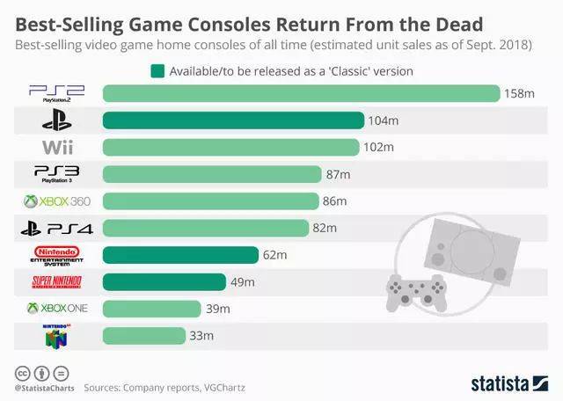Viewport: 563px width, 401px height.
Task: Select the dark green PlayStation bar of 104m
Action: (x=233, y=120)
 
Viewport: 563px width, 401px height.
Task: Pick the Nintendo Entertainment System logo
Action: (x=56, y=255)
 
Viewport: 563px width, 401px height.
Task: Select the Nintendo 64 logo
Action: (x=57, y=335)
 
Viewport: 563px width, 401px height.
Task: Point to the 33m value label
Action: (x=202, y=336)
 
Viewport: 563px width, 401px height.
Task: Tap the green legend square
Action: (x=157, y=70)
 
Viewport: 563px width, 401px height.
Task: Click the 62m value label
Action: (x=275, y=255)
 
